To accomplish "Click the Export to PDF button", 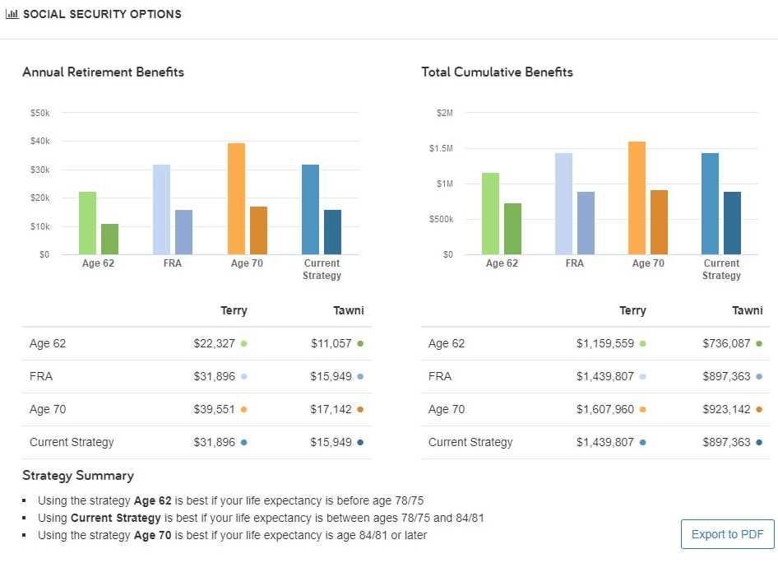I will [x=728, y=534].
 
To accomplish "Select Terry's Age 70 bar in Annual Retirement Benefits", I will [x=236, y=198].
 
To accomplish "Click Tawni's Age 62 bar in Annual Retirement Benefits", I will [x=109, y=239].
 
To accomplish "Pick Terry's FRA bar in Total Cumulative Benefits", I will [x=563, y=203].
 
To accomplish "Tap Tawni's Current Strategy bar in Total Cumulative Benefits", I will [x=732, y=223].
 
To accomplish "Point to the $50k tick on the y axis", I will [x=39, y=112].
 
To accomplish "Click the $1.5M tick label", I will [x=440, y=148].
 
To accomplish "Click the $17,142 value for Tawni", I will [x=331, y=409].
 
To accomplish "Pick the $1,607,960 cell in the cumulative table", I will [x=604, y=409].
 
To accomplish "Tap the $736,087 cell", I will [x=726, y=343].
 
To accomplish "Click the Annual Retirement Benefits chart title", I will [x=103, y=72].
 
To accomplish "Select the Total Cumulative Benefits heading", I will [x=497, y=72].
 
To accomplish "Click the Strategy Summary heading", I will [x=77, y=475].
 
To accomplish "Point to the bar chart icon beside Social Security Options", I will [x=12, y=14].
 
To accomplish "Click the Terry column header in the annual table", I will [x=234, y=310].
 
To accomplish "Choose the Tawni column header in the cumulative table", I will [x=747, y=310].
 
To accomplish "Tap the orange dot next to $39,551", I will [x=244, y=409].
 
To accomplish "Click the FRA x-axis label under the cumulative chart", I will [x=574, y=263].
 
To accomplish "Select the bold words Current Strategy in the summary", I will [x=115, y=518].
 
